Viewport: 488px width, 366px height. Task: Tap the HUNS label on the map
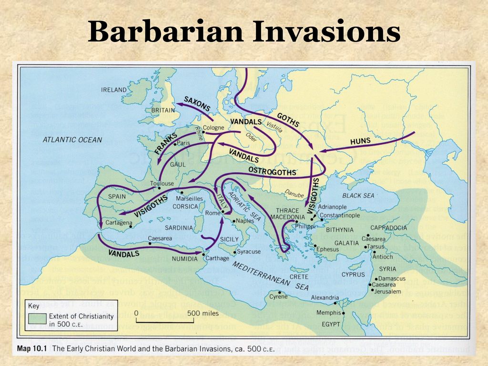click(360, 141)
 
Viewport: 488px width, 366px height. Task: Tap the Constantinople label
click(339, 215)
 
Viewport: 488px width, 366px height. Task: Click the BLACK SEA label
click(358, 195)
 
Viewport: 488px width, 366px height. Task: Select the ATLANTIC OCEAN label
click(72, 140)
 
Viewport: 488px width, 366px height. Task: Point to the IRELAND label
click(114, 90)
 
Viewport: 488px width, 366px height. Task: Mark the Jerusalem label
click(387, 291)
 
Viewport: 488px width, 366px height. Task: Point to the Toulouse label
click(161, 183)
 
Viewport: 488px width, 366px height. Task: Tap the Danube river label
click(294, 193)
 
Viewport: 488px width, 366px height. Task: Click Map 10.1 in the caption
click(33, 348)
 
